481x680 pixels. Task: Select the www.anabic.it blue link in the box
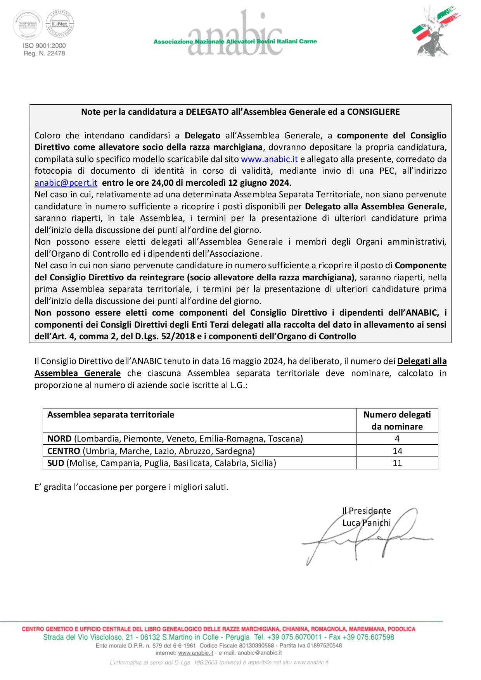[x=269, y=159]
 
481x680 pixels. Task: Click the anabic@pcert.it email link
[x=66, y=183]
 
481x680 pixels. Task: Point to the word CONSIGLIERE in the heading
[x=373, y=112]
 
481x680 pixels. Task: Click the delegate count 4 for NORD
[x=397, y=438]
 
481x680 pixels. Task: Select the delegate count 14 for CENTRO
[x=397, y=451]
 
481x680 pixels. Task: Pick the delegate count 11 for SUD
[x=397, y=463]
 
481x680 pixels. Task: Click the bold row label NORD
[x=59, y=438]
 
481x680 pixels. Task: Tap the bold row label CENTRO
[x=64, y=451]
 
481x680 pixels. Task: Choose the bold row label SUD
[x=56, y=463]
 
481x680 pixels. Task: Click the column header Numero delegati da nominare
[x=397, y=420]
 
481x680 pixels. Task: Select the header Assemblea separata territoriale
[x=111, y=414]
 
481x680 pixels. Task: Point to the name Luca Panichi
[x=367, y=523]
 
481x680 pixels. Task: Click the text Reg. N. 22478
[x=44, y=53]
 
